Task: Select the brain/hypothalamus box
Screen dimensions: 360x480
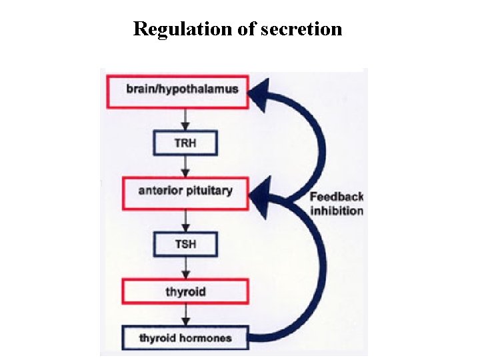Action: point(181,89)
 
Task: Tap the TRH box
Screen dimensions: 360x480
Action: point(185,142)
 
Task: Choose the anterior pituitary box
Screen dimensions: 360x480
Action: point(185,191)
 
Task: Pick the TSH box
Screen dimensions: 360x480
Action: point(185,243)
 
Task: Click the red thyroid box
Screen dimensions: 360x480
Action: point(185,291)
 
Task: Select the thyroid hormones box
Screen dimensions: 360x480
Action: point(185,338)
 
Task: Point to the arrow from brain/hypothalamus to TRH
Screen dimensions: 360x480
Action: point(185,118)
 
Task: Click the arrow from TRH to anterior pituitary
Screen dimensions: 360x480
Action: point(185,166)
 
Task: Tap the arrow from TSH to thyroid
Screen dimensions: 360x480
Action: point(185,267)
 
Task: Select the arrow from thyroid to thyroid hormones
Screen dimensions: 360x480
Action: point(185,315)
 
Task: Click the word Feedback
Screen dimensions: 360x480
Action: point(337,197)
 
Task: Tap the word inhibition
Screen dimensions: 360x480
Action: point(337,211)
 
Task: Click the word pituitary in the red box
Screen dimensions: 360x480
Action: point(209,191)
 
